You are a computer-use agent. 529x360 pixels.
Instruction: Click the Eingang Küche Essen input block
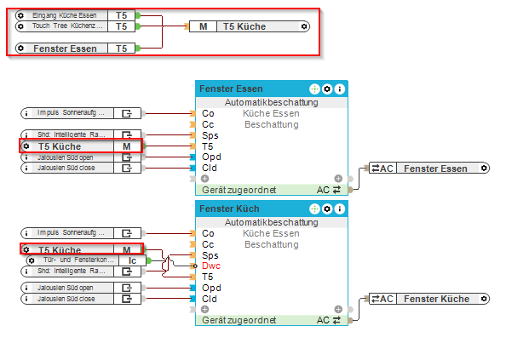64,15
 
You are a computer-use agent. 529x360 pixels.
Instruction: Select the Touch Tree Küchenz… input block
64,26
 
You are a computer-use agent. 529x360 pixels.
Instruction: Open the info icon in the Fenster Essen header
340,89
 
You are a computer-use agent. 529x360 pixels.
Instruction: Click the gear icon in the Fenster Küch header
327,209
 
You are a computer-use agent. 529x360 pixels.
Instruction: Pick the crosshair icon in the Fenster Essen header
313,89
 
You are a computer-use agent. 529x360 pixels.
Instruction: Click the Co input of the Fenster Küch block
207,232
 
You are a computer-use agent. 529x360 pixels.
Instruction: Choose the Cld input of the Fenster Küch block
208,299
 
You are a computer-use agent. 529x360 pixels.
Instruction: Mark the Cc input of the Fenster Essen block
207,124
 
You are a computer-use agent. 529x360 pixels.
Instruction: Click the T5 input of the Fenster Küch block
207,277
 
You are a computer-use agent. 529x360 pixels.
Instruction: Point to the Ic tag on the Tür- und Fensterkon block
133,260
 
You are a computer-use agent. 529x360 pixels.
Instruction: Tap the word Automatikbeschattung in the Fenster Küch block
271,222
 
